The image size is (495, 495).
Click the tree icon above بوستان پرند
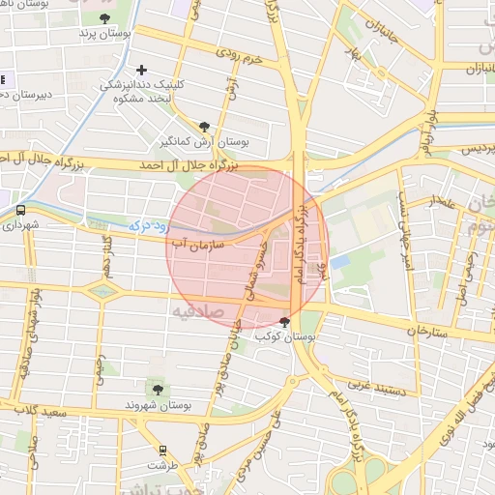click(x=104, y=18)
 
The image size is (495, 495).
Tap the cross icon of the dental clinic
click(x=142, y=70)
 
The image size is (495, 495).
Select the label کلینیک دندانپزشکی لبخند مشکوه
click(x=143, y=91)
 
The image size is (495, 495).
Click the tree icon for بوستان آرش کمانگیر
click(x=204, y=126)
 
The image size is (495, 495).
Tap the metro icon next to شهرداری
click(x=20, y=209)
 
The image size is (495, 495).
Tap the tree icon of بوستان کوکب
click(x=284, y=323)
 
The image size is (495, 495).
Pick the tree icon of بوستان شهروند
click(x=158, y=389)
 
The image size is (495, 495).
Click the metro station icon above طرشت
click(x=161, y=450)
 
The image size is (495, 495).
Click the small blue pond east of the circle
click(x=339, y=261)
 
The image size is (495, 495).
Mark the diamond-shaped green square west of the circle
click(x=101, y=289)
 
